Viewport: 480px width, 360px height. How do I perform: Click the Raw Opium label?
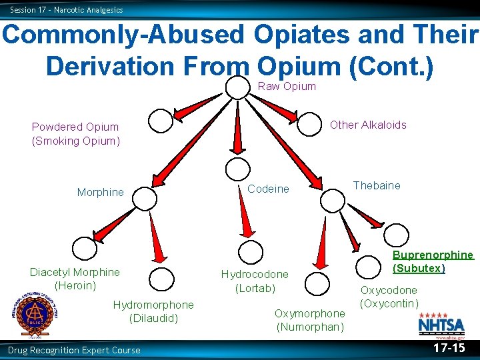point(287,86)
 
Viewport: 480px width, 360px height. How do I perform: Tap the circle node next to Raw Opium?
point(237,87)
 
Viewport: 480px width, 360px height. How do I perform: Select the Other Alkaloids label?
point(368,125)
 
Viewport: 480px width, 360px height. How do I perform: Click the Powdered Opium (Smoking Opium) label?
point(75,133)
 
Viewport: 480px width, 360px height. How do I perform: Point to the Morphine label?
point(100,193)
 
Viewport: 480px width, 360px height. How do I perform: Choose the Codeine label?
point(268,189)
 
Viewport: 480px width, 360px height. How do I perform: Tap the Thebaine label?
point(377,185)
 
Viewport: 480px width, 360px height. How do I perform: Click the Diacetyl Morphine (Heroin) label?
point(75,279)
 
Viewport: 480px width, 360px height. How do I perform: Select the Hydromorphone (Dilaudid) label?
point(153,311)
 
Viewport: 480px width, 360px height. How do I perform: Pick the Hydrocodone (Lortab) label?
point(255,281)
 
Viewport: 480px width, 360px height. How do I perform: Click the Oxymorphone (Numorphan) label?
point(310,320)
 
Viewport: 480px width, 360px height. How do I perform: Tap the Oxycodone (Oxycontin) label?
point(389,297)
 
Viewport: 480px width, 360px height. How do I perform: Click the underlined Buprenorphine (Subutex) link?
point(433,261)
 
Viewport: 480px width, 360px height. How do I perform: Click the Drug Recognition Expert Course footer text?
point(74,350)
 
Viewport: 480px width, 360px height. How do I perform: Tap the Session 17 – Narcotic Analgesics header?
point(67,9)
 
